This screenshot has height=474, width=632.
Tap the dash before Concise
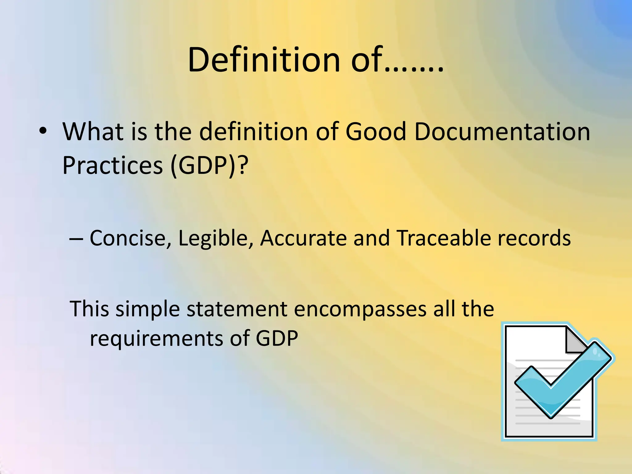point(76,239)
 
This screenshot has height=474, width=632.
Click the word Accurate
point(303,239)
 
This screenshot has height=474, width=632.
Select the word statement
point(237,309)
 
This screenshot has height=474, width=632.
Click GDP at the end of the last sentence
point(277,339)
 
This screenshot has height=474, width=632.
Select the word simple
point(148,309)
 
